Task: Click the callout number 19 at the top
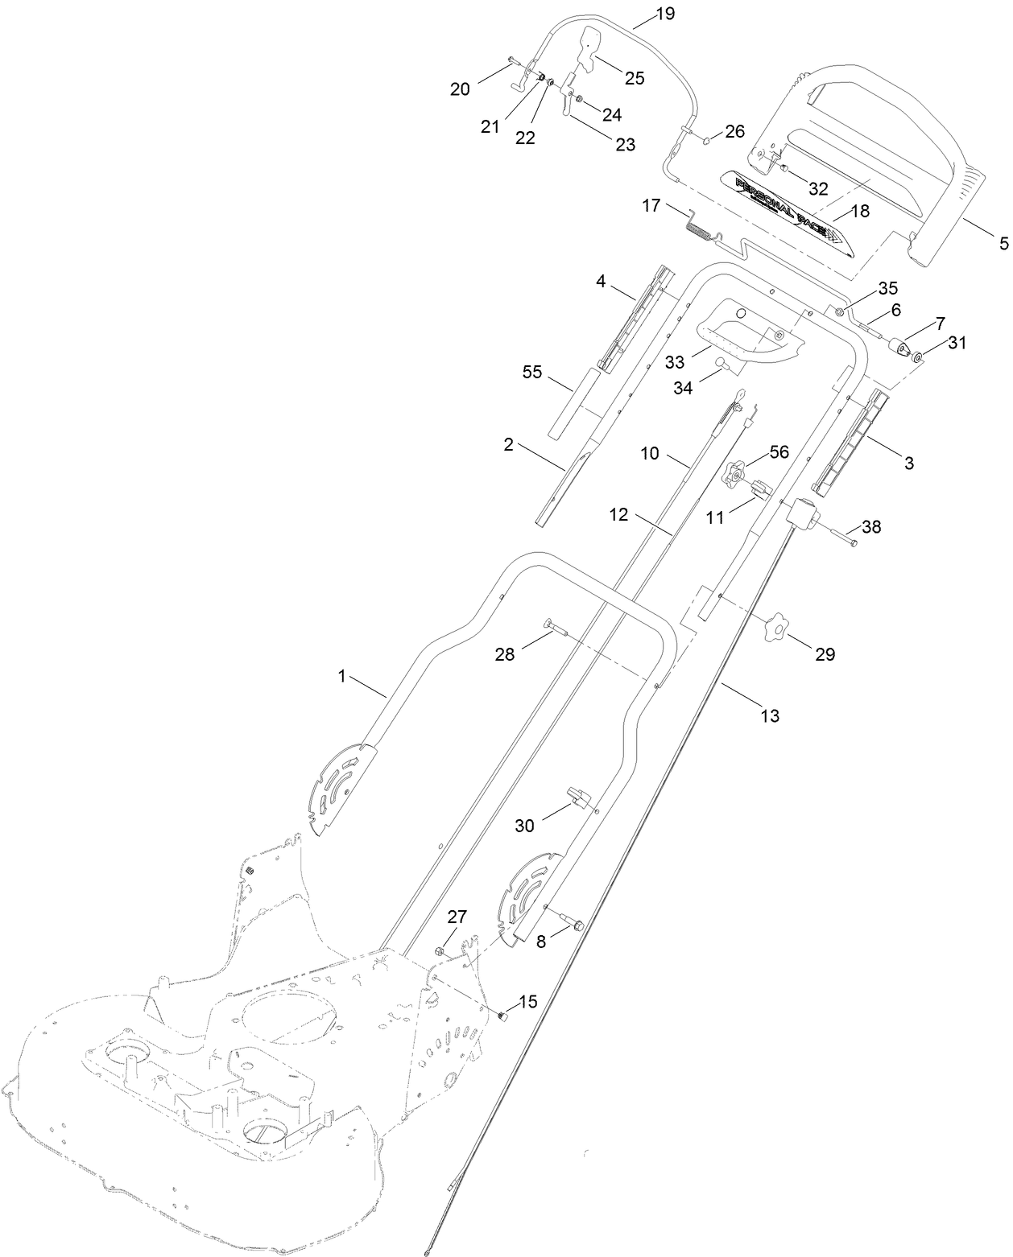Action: coord(665,14)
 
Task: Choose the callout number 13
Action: coord(770,715)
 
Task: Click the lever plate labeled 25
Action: coord(590,47)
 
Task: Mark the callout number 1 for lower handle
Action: coord(341,677)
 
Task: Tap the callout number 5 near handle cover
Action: coord(1003,242)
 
